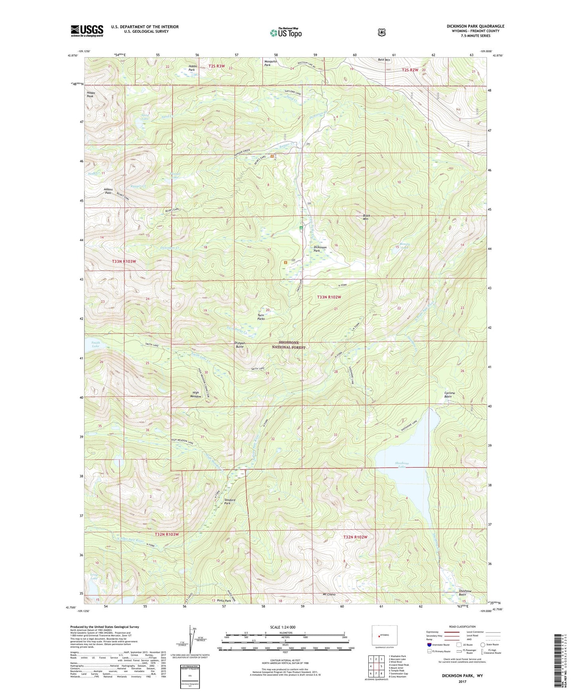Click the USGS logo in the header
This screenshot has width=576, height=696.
(x=87, y=31)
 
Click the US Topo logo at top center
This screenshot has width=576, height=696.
(x=285, y=33)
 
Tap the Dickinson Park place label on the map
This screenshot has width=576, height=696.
(x=320, y=249)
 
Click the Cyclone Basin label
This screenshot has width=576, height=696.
(x=450, y=395)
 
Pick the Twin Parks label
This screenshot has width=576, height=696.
(x=261, y=317)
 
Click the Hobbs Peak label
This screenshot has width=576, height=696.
(x=91, y=94)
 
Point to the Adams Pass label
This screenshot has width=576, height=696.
(x=108, y=191)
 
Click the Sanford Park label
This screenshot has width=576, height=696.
(x=230, y=501)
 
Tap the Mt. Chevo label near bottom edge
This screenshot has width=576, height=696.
(x=329, y=594)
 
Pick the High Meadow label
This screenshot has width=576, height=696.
(x=195, y=394)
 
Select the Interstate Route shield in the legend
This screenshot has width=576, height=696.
(x=429, y=644)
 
